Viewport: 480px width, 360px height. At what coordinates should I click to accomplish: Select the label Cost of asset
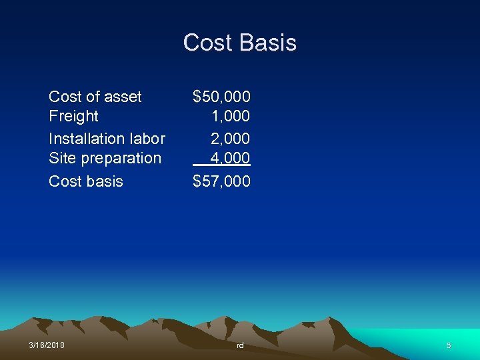pyautogui.click(x=95, y=97)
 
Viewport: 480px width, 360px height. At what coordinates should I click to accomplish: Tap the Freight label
pyautogui.click(x=73, y=116)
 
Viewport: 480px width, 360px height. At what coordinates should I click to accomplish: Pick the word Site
pyautogui.click(x=61, y=158)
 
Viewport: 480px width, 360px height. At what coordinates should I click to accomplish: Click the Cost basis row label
pyautogui.click(x=86, y=181)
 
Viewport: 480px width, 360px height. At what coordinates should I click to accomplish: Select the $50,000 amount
pyautogui.click(x=221, y=97)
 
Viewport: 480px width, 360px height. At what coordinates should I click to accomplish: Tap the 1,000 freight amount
pyautogui.click(x=231, y=116)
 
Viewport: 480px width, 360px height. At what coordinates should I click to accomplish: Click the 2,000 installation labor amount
pyautogui.click(x=231, y=139)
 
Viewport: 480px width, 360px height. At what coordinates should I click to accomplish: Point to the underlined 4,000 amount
pyautogui.click(x=231, y=158)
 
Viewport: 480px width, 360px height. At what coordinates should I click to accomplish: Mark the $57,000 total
pyautogui.click(x=221, y=181)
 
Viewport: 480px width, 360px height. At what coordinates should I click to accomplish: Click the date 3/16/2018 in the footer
pyautogui.click(x=47, y=345)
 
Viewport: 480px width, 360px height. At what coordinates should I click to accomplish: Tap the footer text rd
pyautogui.click(x=240, y=345)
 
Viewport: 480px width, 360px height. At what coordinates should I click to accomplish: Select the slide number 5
pyautogui.click(x=449, y=345)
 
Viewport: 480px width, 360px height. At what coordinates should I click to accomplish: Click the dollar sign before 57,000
pyautogui.click(x=197, y=181)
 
